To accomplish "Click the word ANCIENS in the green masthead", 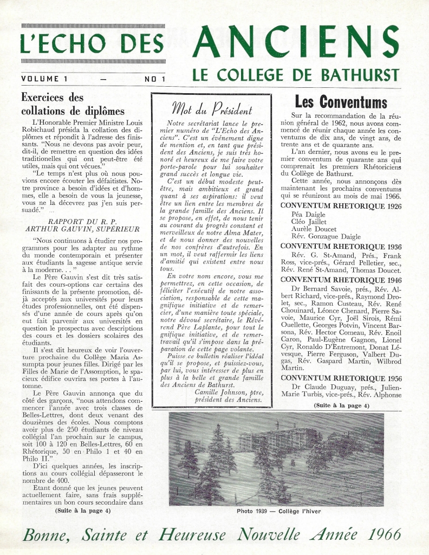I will [x=296, y=44].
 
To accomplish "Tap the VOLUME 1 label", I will [x=44, y=79].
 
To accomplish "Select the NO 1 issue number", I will [x=155, y=79].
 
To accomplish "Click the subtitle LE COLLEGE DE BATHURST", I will [x=296, y=75].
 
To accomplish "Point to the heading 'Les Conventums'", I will [x=341, y=102].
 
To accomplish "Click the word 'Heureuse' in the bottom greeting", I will [x=192, y=535].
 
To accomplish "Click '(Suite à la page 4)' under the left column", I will [x=82, y=510].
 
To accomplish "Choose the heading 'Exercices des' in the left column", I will [x=52, y=98].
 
